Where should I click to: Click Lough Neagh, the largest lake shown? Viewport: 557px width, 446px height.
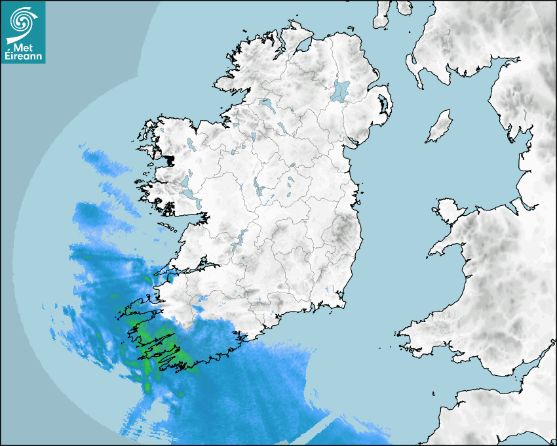click(341, 90)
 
